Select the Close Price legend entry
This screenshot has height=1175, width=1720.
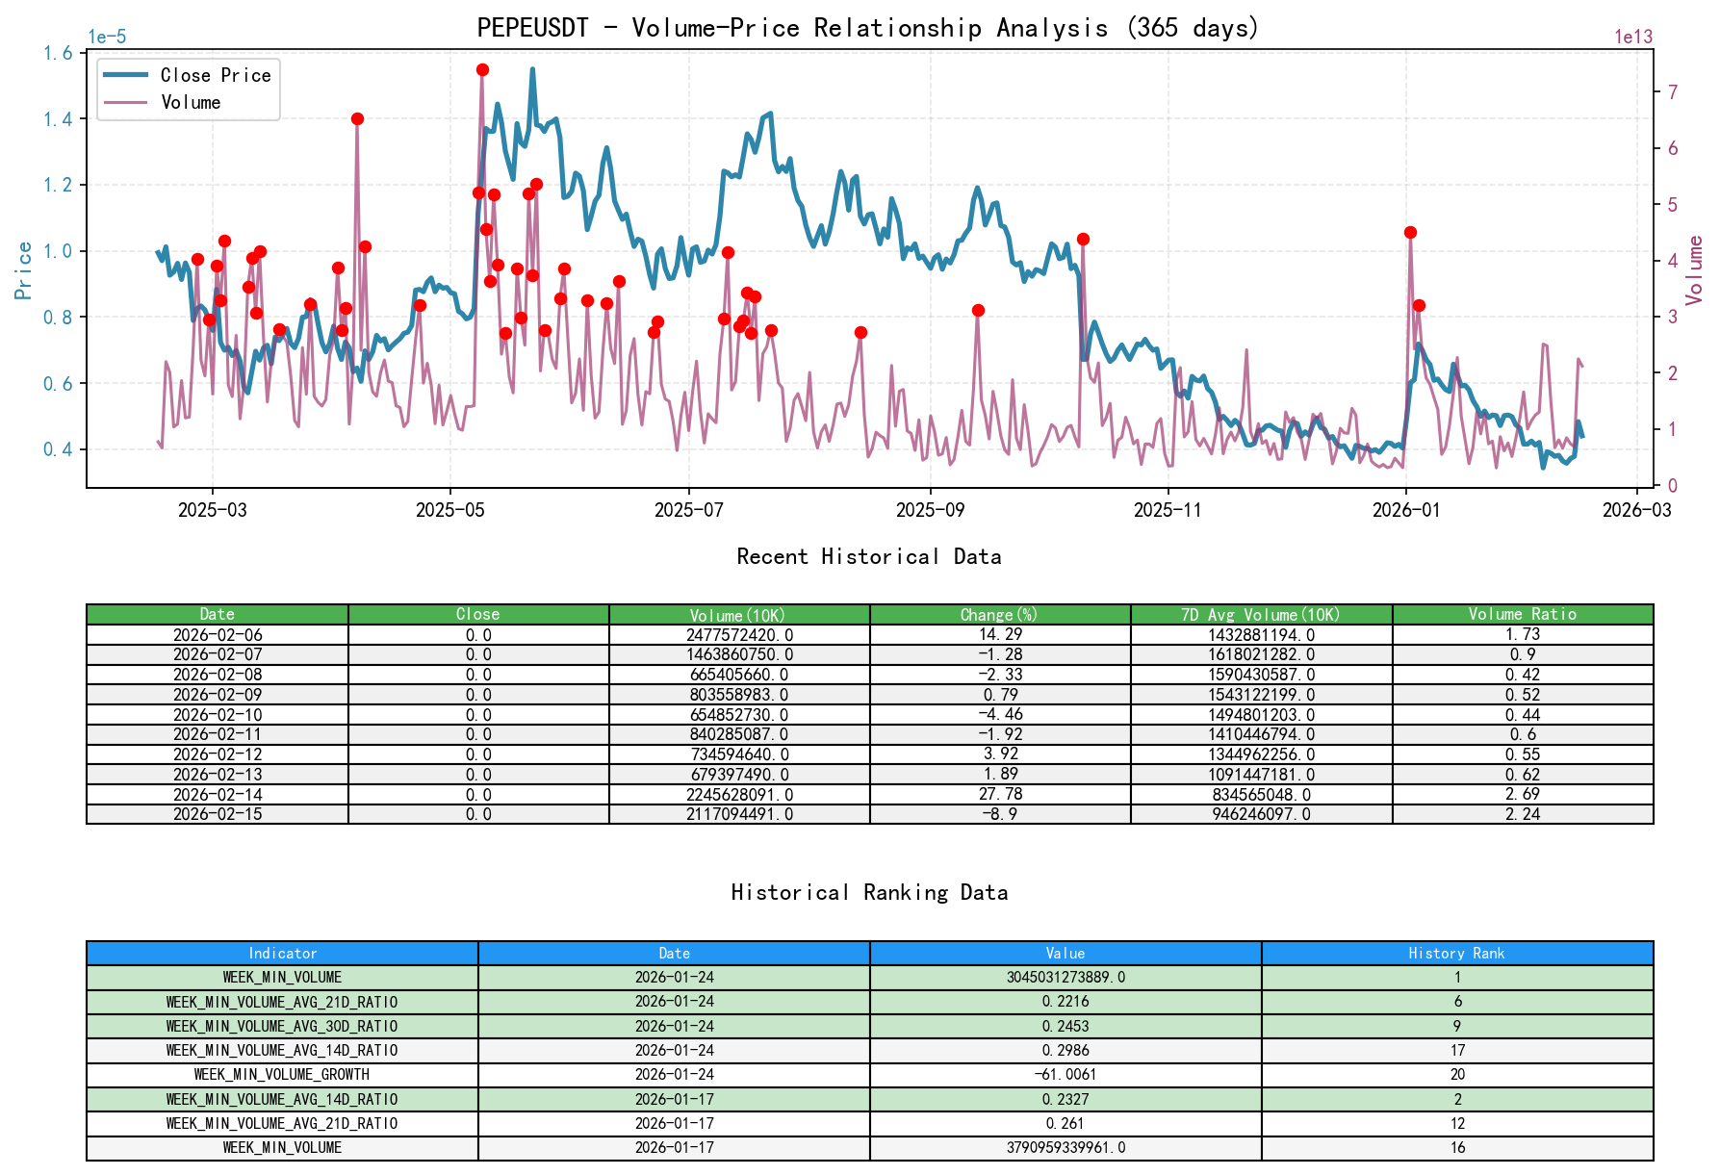pyautogui.click(x=215, y=75)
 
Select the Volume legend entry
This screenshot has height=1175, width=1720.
pyautogui.click(x=191, y=102)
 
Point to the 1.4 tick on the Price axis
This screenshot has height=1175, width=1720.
pyautogui.click(x=58, y=119)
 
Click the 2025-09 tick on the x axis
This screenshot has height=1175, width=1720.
pyautogui.click(x=929, y=510)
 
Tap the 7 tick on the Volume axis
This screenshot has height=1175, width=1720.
pyautogui.click(x=1673, y=92)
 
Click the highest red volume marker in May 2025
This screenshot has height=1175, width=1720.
pyautogui.click(x=482, y=69)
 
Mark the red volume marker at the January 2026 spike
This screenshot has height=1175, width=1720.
pyautogui.click(x=1410, y=232)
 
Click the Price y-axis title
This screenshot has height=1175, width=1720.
pyautogui.click(x=24, y=270)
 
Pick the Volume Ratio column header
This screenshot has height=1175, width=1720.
pyautogui.click(x=1522, y=614)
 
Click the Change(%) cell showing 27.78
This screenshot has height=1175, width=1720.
pyautogui.click(x=1000, y=794)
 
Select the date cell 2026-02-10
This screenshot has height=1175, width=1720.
pyautogui.click(x=218, y=714)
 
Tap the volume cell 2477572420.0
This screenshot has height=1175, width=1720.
pyautogui.click(x=739, y=634)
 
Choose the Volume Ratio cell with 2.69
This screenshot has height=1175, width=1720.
pyautogui.click(x=1522, y=794)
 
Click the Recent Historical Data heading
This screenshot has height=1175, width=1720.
pyautogui.click(x=868, y=556)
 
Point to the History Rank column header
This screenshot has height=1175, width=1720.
pyautogui.click(x=1456, y=953)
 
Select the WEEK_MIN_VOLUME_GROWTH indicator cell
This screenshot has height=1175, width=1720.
pyautogui.click(x=282, y=1074)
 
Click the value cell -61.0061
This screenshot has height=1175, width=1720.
pyautogui.click(x=1065, y=1074)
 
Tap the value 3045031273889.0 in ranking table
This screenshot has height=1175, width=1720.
pyautogui.click(x=1065, y=977)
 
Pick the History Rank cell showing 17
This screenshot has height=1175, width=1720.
pyautogui.click(x=1457, y=1050)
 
